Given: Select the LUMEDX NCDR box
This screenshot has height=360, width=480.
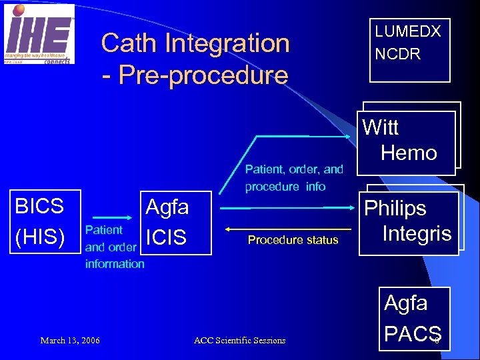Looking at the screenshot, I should click(409, 50).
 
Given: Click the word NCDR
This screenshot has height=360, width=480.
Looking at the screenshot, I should click(398, 55).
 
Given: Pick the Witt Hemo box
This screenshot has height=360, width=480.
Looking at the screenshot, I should click(408, 139).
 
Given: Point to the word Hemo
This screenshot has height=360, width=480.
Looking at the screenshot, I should click(409, 153).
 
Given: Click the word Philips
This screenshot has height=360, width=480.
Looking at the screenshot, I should click(395, 209).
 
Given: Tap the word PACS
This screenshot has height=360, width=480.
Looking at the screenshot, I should click(413, 333).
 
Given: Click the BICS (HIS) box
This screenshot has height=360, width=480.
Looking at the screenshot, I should click(41, 221).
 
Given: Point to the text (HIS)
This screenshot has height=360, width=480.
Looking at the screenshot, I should click(39, 235).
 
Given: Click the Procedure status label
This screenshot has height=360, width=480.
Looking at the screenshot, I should click(293, 240).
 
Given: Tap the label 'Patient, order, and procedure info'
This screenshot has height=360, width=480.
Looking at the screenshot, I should click(294, 178).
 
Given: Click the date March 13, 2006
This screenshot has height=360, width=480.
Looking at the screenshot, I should click(70, 341).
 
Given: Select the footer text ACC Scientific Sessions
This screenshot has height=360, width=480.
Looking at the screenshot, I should click(239, 341).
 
